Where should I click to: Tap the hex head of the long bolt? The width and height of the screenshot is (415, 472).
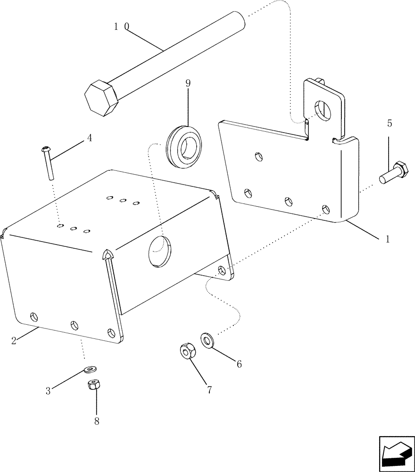(x=101, y=97)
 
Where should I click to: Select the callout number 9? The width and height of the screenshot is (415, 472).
(x=188, y=84)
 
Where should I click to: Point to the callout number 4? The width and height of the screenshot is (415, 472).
(x=89, y=139)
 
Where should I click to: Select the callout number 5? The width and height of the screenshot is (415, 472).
(x=389, y=124)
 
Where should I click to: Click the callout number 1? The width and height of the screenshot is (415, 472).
(x=387, y=239)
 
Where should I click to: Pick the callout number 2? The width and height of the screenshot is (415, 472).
(x=14, y=340)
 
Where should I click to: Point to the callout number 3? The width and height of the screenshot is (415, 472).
(x=48, y=390)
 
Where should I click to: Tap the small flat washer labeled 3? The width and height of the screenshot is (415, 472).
(x=90, y=368)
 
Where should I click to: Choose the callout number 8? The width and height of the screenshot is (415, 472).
(x=96, y=421)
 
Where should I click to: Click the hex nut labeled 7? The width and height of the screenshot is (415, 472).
(x=187, y=351)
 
